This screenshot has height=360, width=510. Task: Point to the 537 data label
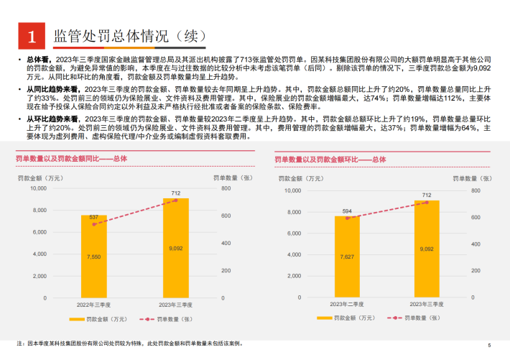[x=94, y=216]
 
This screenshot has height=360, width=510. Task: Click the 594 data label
[x=347, y=211]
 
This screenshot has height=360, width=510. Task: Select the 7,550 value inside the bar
[x=94, y=256]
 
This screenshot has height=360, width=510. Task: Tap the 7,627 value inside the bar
[x=347, y=257]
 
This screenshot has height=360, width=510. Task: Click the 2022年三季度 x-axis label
[x=94, y=304]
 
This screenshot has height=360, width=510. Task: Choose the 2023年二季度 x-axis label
[x=347, y=305]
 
